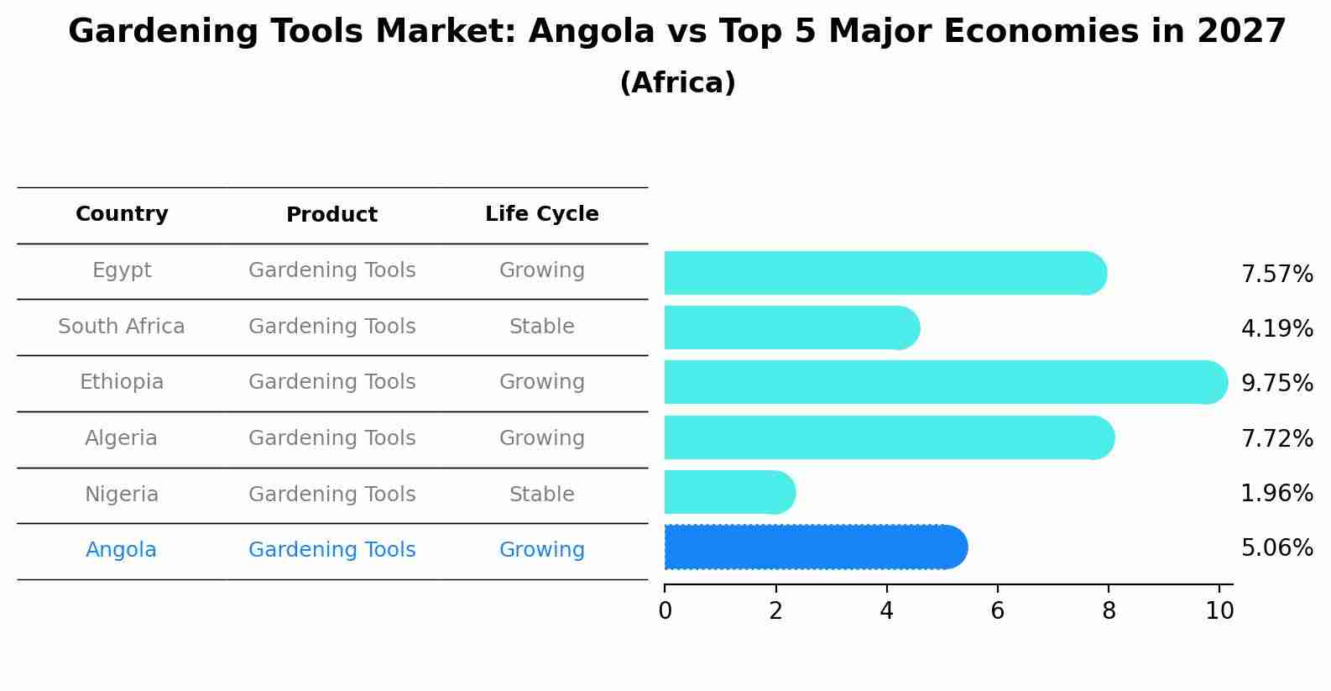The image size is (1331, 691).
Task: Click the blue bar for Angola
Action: pyautogui.click(x=814, y=547)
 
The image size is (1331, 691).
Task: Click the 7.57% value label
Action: pyautogui.click(x=1276, y=275)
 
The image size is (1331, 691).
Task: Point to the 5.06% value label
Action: pyautogui.click(x=1276, y=548)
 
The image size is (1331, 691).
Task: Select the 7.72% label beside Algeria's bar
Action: pyautogui.click(x=1276, y=438)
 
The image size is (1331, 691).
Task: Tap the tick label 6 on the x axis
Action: pyautogui.click(x=997, y=611)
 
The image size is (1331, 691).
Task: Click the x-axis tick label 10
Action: pyautogui.click(x=1219, y=611)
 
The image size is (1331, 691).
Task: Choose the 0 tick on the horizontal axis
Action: pyautogui.click(x=665, y=611)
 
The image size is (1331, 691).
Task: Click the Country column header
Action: pyautogui.click(x=122, y=214)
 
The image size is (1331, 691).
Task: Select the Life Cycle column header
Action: pyautogui.click(x=541, y=214)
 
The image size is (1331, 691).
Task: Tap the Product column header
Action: pyautogui.click(x=331, y=215)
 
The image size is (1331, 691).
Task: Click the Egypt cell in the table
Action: pyautogui.click(x=122, y=270)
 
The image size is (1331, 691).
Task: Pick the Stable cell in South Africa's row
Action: pyautogui.click(x=541, y=327)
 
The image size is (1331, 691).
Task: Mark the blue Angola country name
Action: pyautogui.click(x=121, y=550)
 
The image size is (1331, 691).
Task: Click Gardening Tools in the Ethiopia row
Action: pyautogui.click(x=331, y=382)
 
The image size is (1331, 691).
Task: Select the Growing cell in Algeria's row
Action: pyautogui.click(x=541, y=438)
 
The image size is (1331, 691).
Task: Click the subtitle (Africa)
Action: pyautogui.click(x=677, y=83)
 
